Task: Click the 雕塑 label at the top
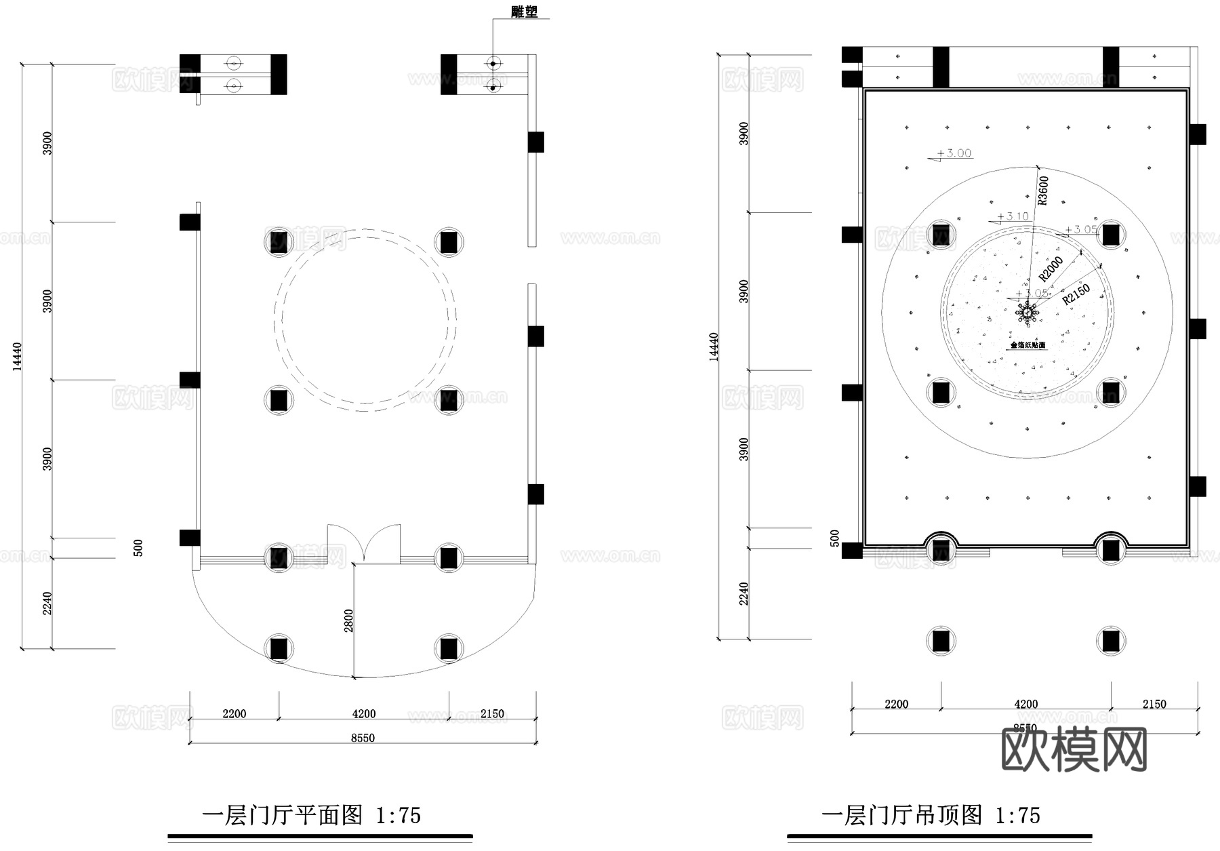(523, 12)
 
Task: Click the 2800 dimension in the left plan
(348, 620)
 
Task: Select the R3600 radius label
(1043, 190)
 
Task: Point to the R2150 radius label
(1076, 293)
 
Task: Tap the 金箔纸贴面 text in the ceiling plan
(1028, 345)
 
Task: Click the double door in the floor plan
(364, 544)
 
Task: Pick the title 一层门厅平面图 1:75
(312, 814)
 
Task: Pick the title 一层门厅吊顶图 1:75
(931, 814)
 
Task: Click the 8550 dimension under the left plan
(363, 738)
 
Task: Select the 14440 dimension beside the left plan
(18, 356)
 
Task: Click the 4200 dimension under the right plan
(1025, 704)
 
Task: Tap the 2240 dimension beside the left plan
(47, 603)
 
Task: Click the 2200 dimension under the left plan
(234, 713)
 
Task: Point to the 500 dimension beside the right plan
(835, 538)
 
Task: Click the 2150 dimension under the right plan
(1154, 704)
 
